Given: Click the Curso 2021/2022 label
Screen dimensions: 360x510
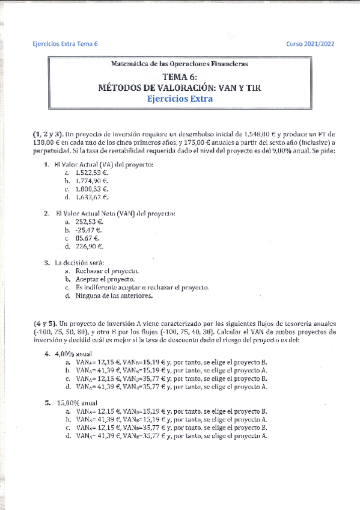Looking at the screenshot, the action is [310, 44].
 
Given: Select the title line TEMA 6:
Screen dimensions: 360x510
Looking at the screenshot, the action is [180, 76].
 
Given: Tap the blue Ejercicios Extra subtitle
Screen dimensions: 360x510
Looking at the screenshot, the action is [180, 99].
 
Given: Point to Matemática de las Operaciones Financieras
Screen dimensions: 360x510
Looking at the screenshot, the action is [180, 63].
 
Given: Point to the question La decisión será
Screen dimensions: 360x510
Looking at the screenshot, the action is [79, 262].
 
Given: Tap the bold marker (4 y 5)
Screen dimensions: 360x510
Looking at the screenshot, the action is [43, 323].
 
